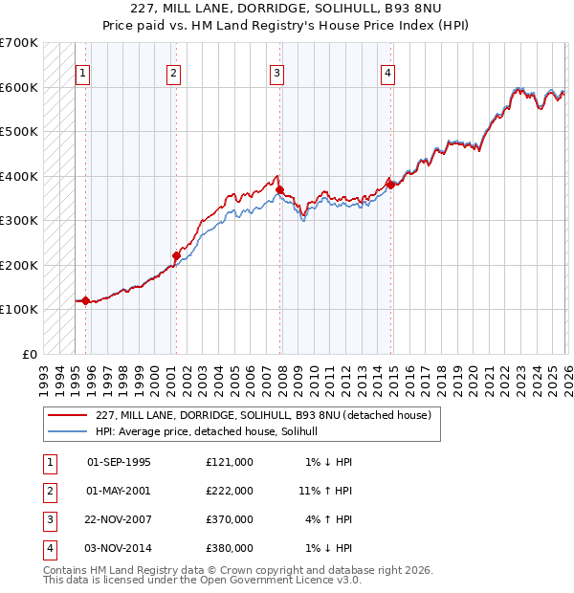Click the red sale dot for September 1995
tap(86, 300)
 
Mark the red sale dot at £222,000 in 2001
tap(176, 255)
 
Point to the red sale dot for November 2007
tap(279, 189)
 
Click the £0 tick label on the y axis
tap(30, 354)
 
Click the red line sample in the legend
tap(67, 416)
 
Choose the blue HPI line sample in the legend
tap(67, 432)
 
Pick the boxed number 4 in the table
tap(49, 548)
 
